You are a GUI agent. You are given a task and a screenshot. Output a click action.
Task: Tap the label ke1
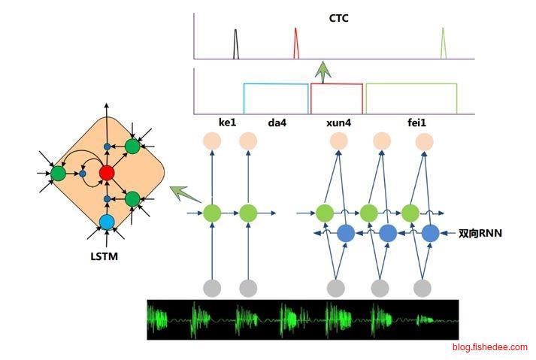pyautogui.click(x=228, y=121)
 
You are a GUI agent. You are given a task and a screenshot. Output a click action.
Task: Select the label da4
pyautogui.click(x=278, y=121)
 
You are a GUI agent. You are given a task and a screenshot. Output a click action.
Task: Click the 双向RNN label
pyautogui.click(x=480, y=234)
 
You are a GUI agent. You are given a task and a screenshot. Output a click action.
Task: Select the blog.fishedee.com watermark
pyautogui.click(x=489, y=347)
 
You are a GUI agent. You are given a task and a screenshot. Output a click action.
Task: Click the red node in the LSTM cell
pyautogui.click(x=107, y=174)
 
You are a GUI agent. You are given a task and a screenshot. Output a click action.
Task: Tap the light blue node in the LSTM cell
pyautogui.click(x=107, y=222)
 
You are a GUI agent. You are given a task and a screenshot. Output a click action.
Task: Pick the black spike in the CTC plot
pyautogui.click(x=235, y=44)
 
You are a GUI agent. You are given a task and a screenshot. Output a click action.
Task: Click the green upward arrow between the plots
pyautogui.click(x=323, y=72)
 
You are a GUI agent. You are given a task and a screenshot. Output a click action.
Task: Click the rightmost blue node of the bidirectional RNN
pyautogui.click(x=430, y=233)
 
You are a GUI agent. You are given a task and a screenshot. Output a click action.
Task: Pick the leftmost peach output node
pyautogui.click(x=213, y=141)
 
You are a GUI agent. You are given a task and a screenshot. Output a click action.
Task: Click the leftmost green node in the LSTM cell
pyautogui.click(x=58, y=174)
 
